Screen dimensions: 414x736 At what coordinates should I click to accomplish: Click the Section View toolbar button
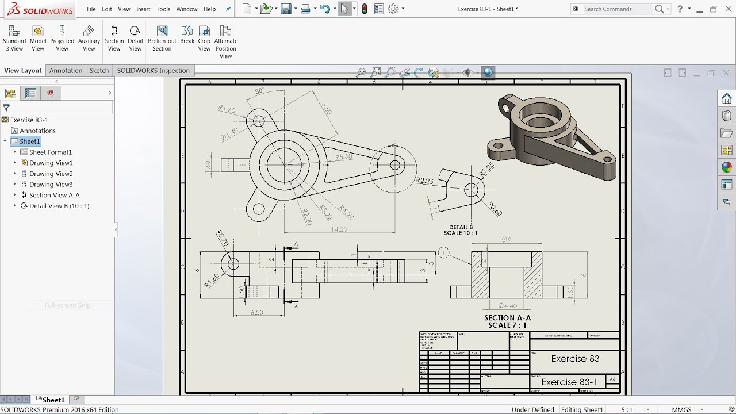point(114,38)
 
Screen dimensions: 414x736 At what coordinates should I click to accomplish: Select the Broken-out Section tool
point(162,38)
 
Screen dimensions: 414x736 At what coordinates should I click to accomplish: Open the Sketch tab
point(99,71)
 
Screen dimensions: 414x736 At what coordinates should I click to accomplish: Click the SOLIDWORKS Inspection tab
point(153,71)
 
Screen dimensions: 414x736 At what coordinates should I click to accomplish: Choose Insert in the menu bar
point(143,9)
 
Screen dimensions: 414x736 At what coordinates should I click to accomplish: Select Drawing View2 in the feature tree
point(51,174)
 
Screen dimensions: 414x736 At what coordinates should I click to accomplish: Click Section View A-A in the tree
point(54,195)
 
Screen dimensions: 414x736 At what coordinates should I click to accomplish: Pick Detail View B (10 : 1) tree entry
point(59,206)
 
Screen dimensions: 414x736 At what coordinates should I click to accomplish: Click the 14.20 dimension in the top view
point(339,229)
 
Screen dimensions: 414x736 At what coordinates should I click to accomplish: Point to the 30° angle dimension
point(259,91)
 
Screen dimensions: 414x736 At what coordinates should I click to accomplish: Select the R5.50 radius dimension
point(344,157)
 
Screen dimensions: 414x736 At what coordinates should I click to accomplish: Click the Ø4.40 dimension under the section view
point(508,306)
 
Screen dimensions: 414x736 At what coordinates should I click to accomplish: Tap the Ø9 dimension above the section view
point(506,240)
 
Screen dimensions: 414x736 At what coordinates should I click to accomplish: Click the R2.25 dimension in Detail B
point(424,181)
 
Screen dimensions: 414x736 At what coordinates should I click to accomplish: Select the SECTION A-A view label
point(507,318)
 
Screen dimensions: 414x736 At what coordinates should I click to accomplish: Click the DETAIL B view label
point(461,227)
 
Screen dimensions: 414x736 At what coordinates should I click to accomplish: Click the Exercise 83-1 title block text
point(569,382)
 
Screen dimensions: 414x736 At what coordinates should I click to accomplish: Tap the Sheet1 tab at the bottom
point(53,400)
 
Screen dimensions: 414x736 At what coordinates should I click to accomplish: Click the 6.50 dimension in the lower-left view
point(257,313)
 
